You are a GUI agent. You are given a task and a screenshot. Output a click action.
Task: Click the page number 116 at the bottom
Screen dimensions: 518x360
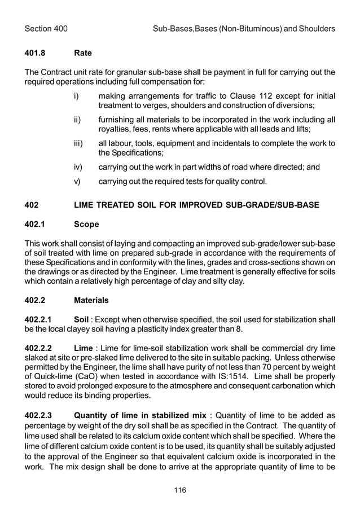(x=180, y=490)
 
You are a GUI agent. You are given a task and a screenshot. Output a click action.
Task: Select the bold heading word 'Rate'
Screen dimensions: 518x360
(x=83, y=53)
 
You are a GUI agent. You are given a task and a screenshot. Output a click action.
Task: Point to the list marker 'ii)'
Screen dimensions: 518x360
(x=78, y=120)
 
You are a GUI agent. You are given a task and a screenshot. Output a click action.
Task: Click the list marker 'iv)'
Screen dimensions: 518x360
(x=78, y=167)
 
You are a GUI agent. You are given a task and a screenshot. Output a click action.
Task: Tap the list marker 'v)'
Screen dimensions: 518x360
(x=77, y=182)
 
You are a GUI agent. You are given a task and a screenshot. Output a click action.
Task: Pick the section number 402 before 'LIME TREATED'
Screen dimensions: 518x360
(x=32, y=204)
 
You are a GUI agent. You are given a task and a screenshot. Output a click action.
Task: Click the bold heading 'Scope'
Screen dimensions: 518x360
(x=86, y=225)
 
